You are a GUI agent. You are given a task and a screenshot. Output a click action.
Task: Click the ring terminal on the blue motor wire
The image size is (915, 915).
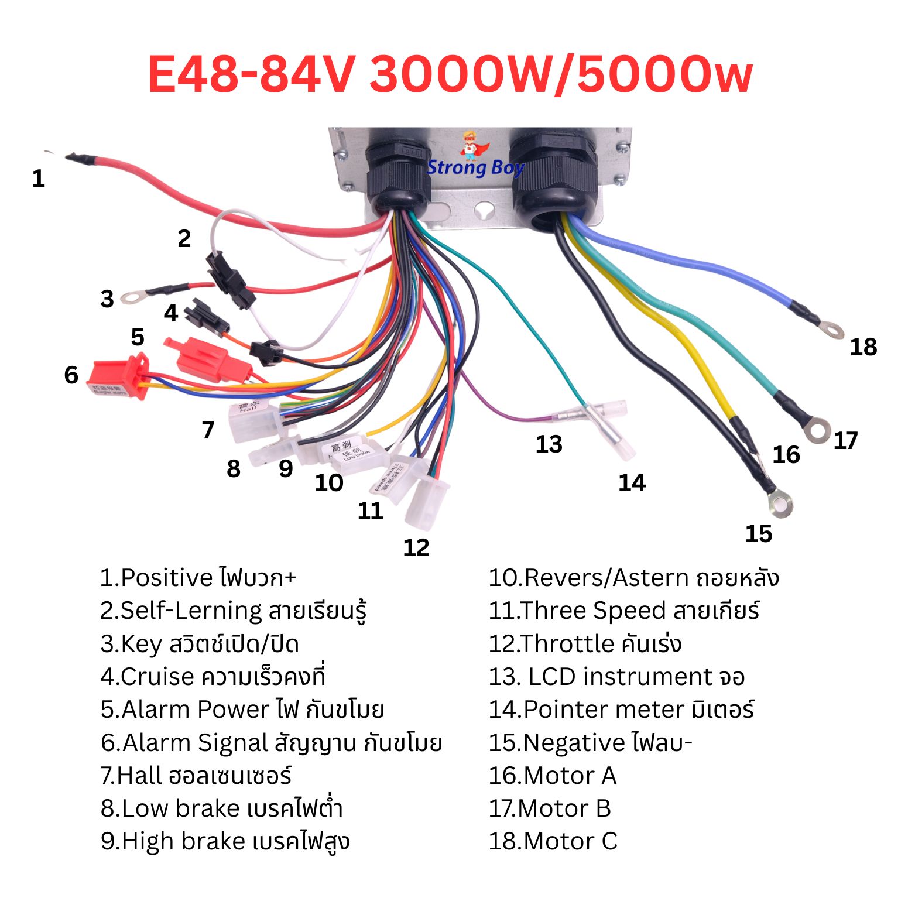pyautogui.click(x=832, y=329)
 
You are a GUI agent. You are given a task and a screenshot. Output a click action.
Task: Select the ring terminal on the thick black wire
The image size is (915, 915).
pyautogui.click(x=781, y=503)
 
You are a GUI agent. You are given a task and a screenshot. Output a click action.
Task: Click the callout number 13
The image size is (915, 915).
pyautogui.click(x=549, y=444)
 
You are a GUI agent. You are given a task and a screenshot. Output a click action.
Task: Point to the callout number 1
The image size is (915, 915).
pyautogui.click(x=39, y=178)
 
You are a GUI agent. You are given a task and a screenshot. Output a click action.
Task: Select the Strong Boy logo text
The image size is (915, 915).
pyautogui.click(x=475, y=168)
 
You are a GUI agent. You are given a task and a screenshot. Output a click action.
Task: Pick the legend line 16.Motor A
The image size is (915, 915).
pyautogui.click(x=553, y=776)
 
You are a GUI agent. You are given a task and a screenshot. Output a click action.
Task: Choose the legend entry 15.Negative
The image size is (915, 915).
pyautogui.click(x=590, y=743)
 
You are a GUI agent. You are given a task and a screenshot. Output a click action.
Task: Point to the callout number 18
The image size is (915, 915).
pyautogui.click(x=863, y=347)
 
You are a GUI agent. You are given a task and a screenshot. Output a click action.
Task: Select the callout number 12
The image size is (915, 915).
pyautogui.click(x=416, y=547)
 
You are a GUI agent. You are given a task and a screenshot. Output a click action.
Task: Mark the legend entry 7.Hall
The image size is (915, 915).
pyautogui.click(x=196, y=776)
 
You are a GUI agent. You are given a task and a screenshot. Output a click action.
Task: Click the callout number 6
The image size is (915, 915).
pyautogui.click(x=71, y=375)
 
